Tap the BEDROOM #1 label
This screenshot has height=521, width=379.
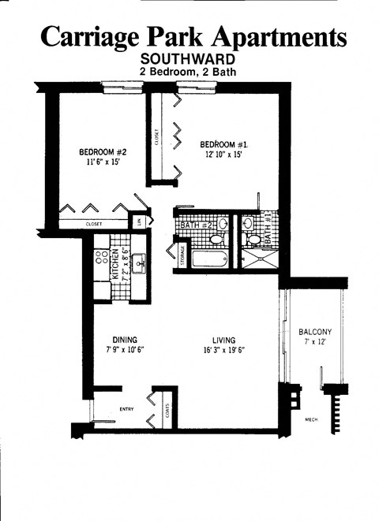pyautogui.click(x=224, y=144)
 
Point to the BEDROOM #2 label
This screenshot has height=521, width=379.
pyautogui.click(x=103, y=152)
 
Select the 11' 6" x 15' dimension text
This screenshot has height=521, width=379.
pyautogui.click(x=103, y=163)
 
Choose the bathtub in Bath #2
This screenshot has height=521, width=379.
pyautogui.click(x=208, y=258)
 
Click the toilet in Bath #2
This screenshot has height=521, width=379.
pyautogui.click(x=223, y=225)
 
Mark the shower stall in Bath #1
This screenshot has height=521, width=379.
pyautogui.click(x=259, y=257)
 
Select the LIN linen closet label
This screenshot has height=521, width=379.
pyautogui.click(x=141, y=223)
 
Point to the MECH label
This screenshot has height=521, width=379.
pyautogui.click(x=312, y=419)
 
